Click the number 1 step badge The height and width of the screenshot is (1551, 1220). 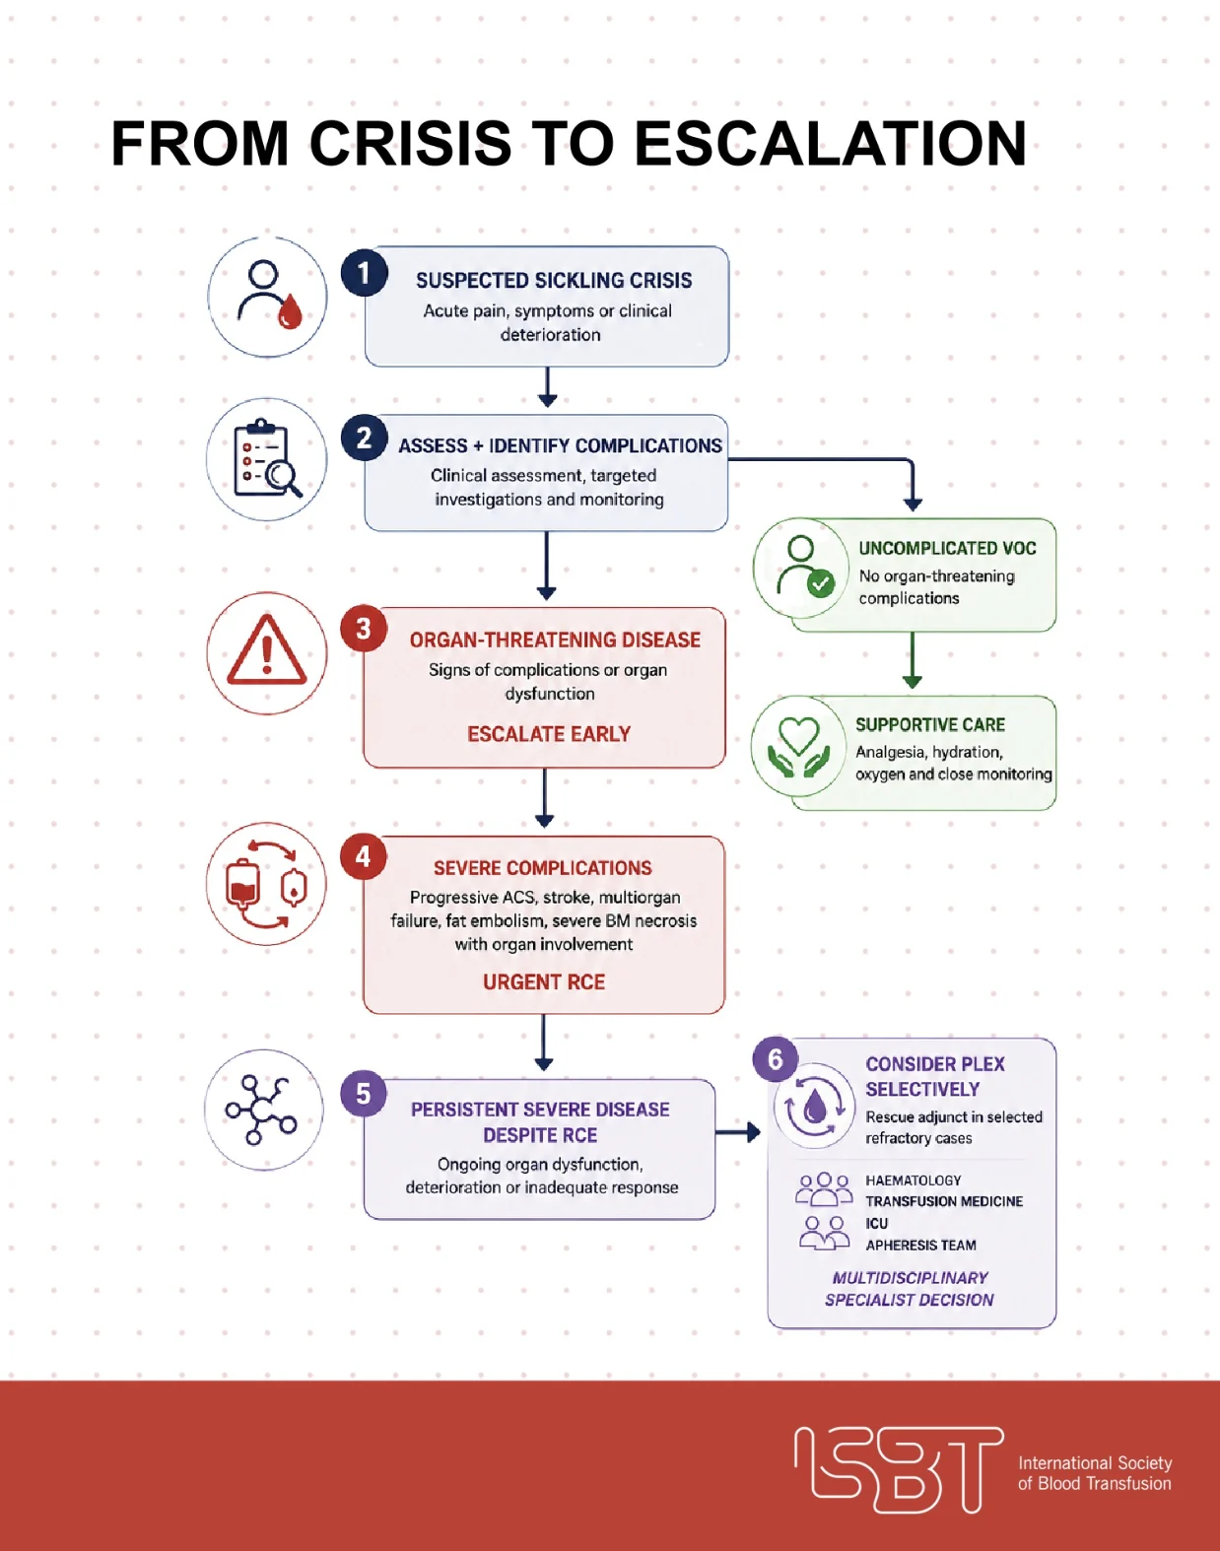364,272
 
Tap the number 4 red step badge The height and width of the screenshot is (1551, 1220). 364,856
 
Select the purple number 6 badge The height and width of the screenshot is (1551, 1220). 776,1058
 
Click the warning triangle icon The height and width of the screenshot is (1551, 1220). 267,650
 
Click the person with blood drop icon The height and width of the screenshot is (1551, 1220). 270,295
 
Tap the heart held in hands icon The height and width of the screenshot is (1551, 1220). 798,747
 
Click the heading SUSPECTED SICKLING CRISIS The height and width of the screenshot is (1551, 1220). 554,281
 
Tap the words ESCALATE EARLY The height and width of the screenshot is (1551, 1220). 549,734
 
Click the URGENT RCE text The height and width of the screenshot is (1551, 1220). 544,981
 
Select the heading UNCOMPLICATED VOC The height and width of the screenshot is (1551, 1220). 947,548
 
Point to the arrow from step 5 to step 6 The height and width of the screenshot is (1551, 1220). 738,1132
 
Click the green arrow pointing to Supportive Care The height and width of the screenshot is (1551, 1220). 913,659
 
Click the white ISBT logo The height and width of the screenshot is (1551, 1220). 899,1469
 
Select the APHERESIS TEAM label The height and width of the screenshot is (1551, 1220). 920,1245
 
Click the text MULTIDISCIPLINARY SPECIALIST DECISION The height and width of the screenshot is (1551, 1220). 910,1289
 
